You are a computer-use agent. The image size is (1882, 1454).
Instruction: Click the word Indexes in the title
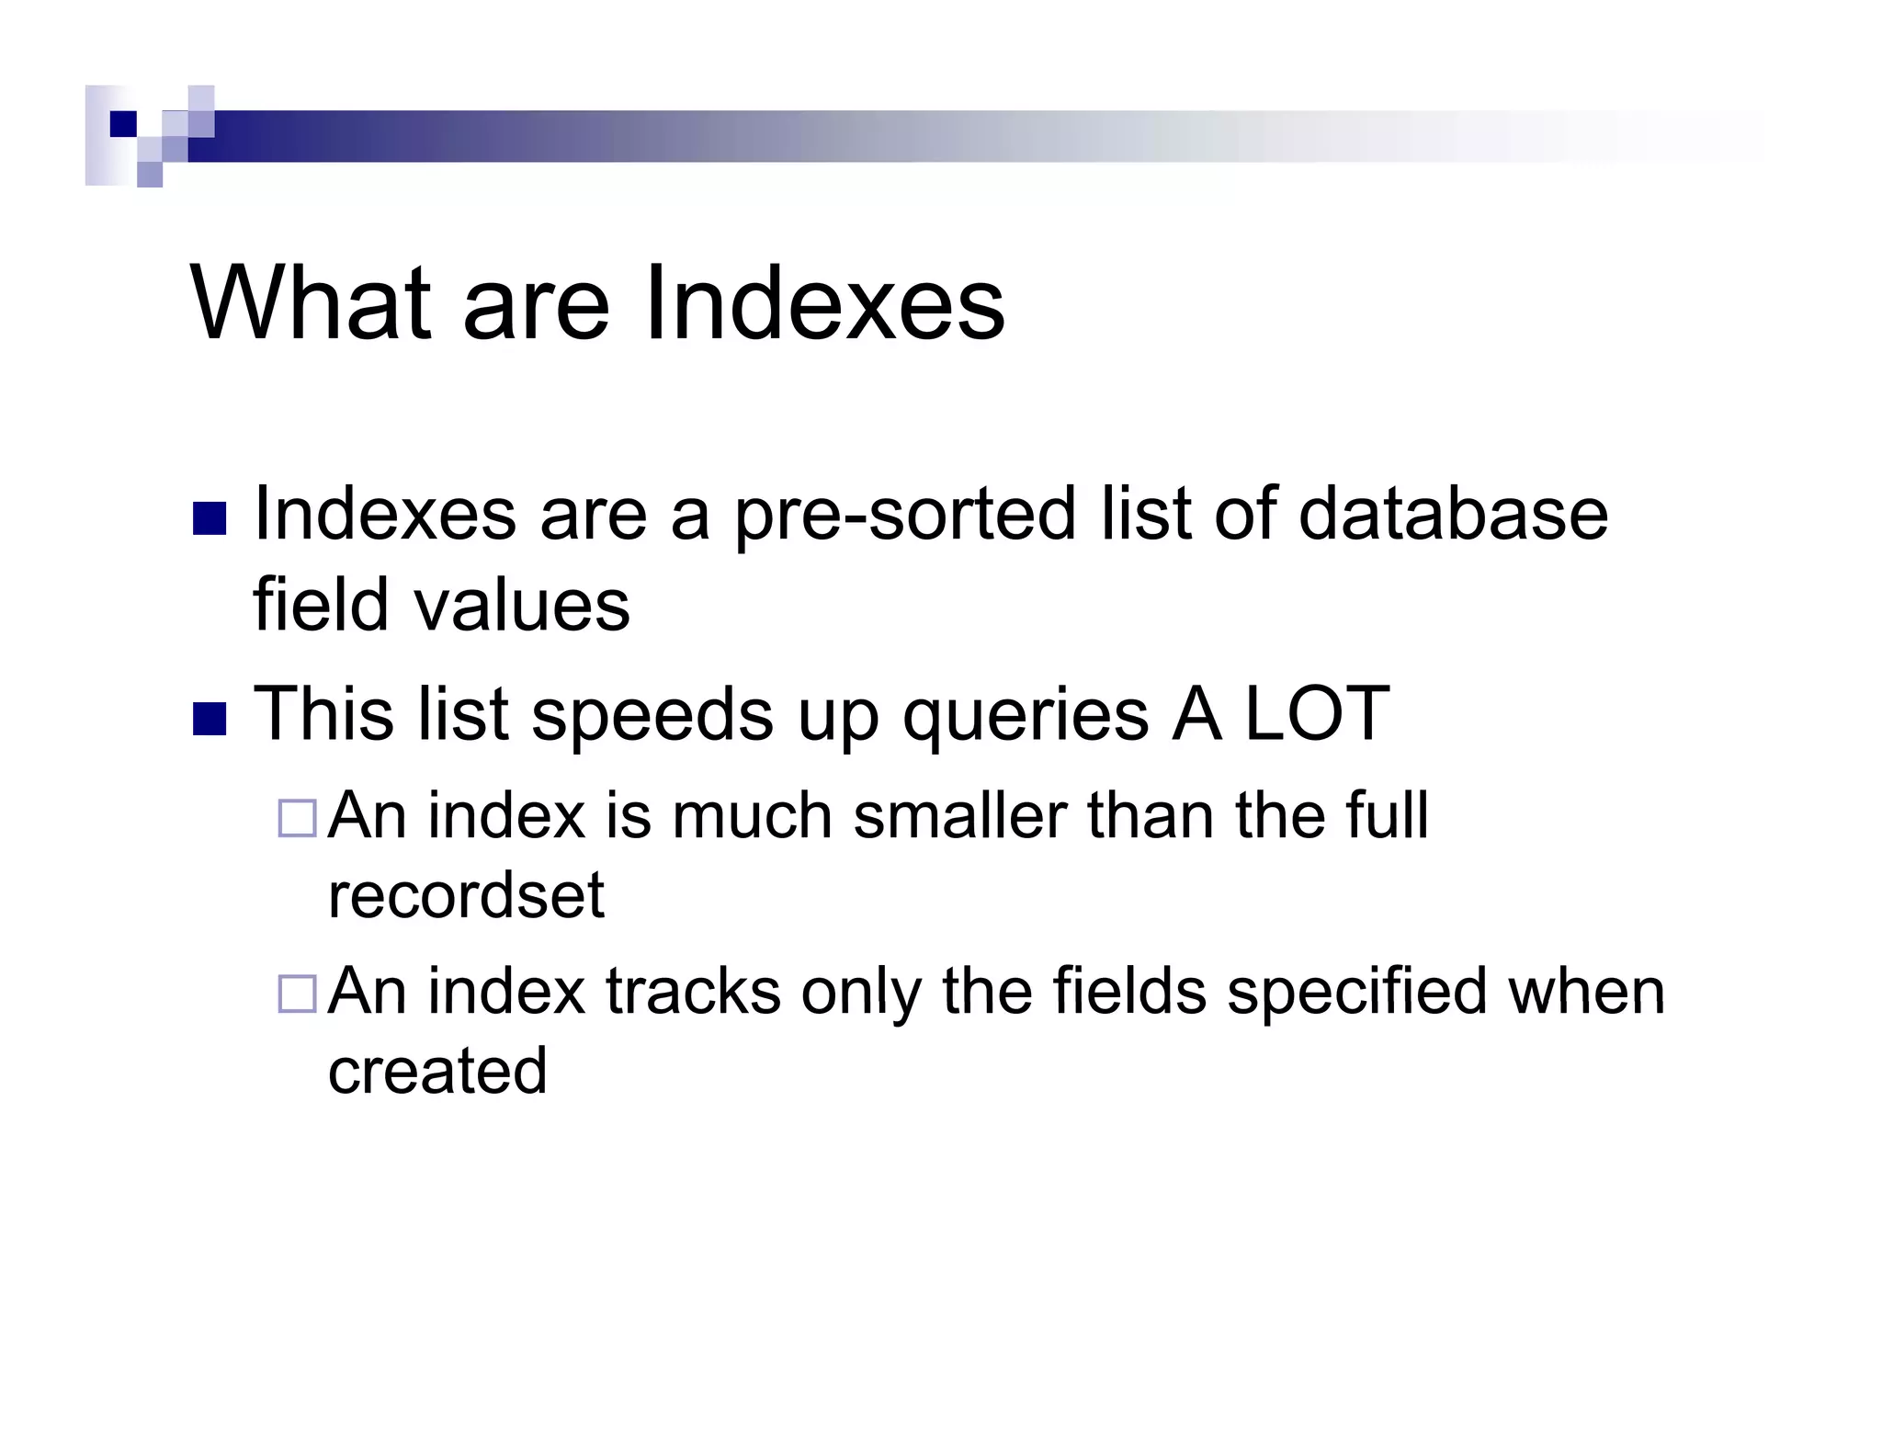click(823, 303)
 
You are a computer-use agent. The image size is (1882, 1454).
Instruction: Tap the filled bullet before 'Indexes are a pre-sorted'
click(210, 518)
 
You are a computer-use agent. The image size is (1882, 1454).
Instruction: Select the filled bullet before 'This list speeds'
click(210, 720)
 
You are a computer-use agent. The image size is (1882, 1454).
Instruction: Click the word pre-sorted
click(904, 515)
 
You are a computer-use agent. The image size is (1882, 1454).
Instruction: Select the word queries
click(1025, 715)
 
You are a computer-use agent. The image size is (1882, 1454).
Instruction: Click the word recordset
click(466, 895)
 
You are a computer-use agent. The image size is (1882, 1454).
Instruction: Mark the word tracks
click(692, 992)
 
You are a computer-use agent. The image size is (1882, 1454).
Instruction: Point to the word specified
click(1356, 992)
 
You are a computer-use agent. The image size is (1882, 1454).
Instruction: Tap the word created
click(437, 1071)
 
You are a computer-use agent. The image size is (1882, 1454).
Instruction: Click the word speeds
click(652, 715)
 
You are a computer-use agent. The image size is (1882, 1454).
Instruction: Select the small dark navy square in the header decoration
click(123, 124)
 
